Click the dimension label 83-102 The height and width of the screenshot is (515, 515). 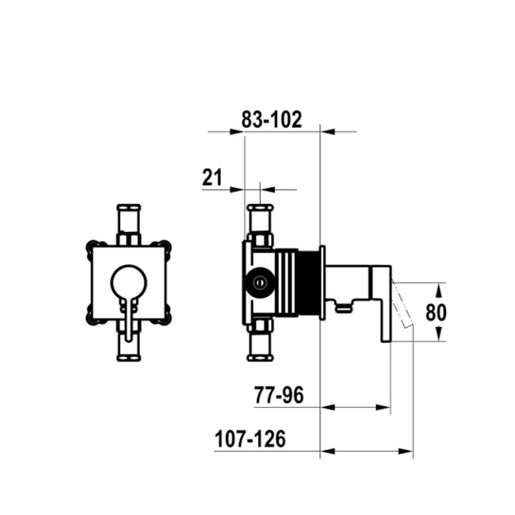click(272, 120)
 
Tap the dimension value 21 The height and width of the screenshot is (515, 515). click(212, 177)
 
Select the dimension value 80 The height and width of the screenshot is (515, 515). click(436, 312)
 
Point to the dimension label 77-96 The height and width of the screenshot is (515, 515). click(279, 395)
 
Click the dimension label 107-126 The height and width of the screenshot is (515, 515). click(250, 439)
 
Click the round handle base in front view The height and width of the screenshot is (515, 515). click(129, 282)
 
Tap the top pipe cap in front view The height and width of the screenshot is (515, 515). click(129, 207)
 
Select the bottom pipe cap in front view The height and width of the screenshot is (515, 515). click(129, 358)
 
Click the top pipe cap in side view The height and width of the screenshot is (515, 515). click(260, 207)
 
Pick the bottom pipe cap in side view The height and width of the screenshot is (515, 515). click(260, 358)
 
